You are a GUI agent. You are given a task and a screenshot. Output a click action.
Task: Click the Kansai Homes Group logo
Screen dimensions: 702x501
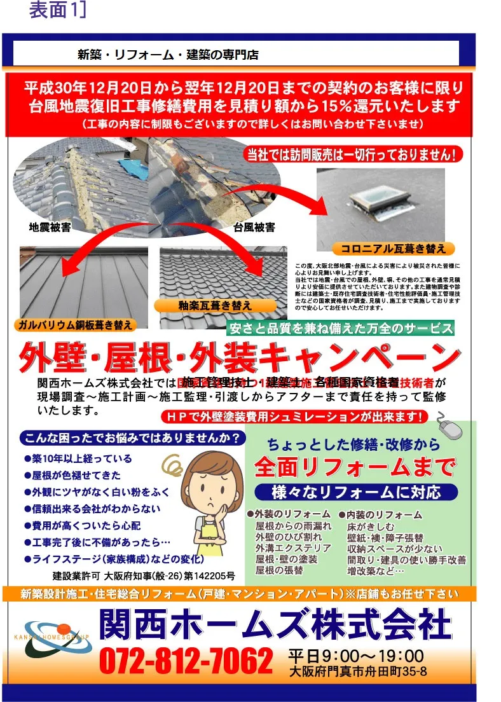coord(54,638)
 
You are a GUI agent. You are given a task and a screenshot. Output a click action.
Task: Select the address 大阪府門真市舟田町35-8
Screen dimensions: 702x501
coord(357,671)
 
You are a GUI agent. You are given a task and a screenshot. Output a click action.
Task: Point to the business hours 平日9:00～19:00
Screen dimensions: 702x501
coord(355,655)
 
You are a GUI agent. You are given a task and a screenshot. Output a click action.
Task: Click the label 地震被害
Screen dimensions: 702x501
coord(50,226)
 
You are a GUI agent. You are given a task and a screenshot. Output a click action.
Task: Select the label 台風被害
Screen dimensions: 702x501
coord(254,226)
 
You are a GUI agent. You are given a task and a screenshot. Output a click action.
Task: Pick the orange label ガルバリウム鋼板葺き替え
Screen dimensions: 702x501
coord(76,325)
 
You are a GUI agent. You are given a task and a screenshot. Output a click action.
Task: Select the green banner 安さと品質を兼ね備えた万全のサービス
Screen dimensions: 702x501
coord(341,328)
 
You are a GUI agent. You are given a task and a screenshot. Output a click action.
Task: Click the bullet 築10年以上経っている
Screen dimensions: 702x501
coord(78,458)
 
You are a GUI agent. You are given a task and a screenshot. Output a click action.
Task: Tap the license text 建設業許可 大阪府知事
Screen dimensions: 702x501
coord(143,576)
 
